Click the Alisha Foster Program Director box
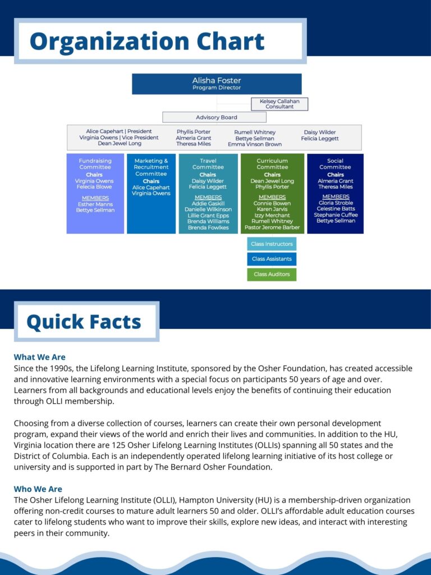[217, 84]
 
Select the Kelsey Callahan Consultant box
[279, 104]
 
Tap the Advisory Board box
[216, 117]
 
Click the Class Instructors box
[272, 244]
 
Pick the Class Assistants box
[272, 259]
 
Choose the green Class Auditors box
[272, 274]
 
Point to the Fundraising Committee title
[95, 164]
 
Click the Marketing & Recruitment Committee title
[151, 167]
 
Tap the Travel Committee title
[208, 164]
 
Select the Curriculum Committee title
[272, 164]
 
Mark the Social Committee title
[335, 164]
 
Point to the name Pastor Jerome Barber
[272, 227]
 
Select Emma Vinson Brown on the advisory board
[255, 144]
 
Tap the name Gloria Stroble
[335, 203]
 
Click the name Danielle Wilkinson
[208, 209]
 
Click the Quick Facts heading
[84, 322]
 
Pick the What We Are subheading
[39, 357]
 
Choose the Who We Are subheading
[38, 489]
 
